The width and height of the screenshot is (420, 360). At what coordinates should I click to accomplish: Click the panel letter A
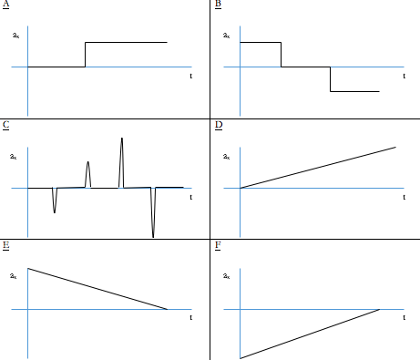pyautogui.click(x=5, y=5)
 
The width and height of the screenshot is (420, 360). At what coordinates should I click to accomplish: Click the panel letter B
pyautogui.click(x=218, y=5)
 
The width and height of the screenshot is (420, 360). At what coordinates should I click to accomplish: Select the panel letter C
pyautogui.click(x=5, y=125)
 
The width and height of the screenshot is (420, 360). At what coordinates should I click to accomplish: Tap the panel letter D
pyautogui.click(x=218, y=125)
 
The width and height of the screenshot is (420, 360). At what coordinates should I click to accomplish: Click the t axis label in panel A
pyautogui.click(x=190, y=76)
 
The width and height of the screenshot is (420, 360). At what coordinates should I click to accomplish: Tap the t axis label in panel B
pyautogui.click(x=403, y=76)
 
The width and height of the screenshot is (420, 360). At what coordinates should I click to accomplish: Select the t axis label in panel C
pyautogui.click(x=190, y=196)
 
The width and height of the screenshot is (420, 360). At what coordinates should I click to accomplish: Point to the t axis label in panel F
pyautogui.click(x=403, y=317)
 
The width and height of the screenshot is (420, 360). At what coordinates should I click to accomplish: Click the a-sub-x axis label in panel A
pyautogui.click(x=15, y=36)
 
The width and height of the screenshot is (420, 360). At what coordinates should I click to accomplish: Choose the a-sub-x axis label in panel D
pyautogui.click(x=227, y=157)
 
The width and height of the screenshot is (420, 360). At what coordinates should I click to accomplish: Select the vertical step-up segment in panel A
pyautogui.click(x=85, y=55)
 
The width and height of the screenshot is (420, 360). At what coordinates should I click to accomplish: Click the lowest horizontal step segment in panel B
pyautogui.click(x=353, y=91)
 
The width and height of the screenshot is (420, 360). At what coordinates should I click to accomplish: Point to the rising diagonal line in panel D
pyautogui.click(x=319, y=167)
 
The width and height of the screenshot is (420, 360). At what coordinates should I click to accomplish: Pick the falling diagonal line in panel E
pyautogui.click(x=98, y=289)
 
